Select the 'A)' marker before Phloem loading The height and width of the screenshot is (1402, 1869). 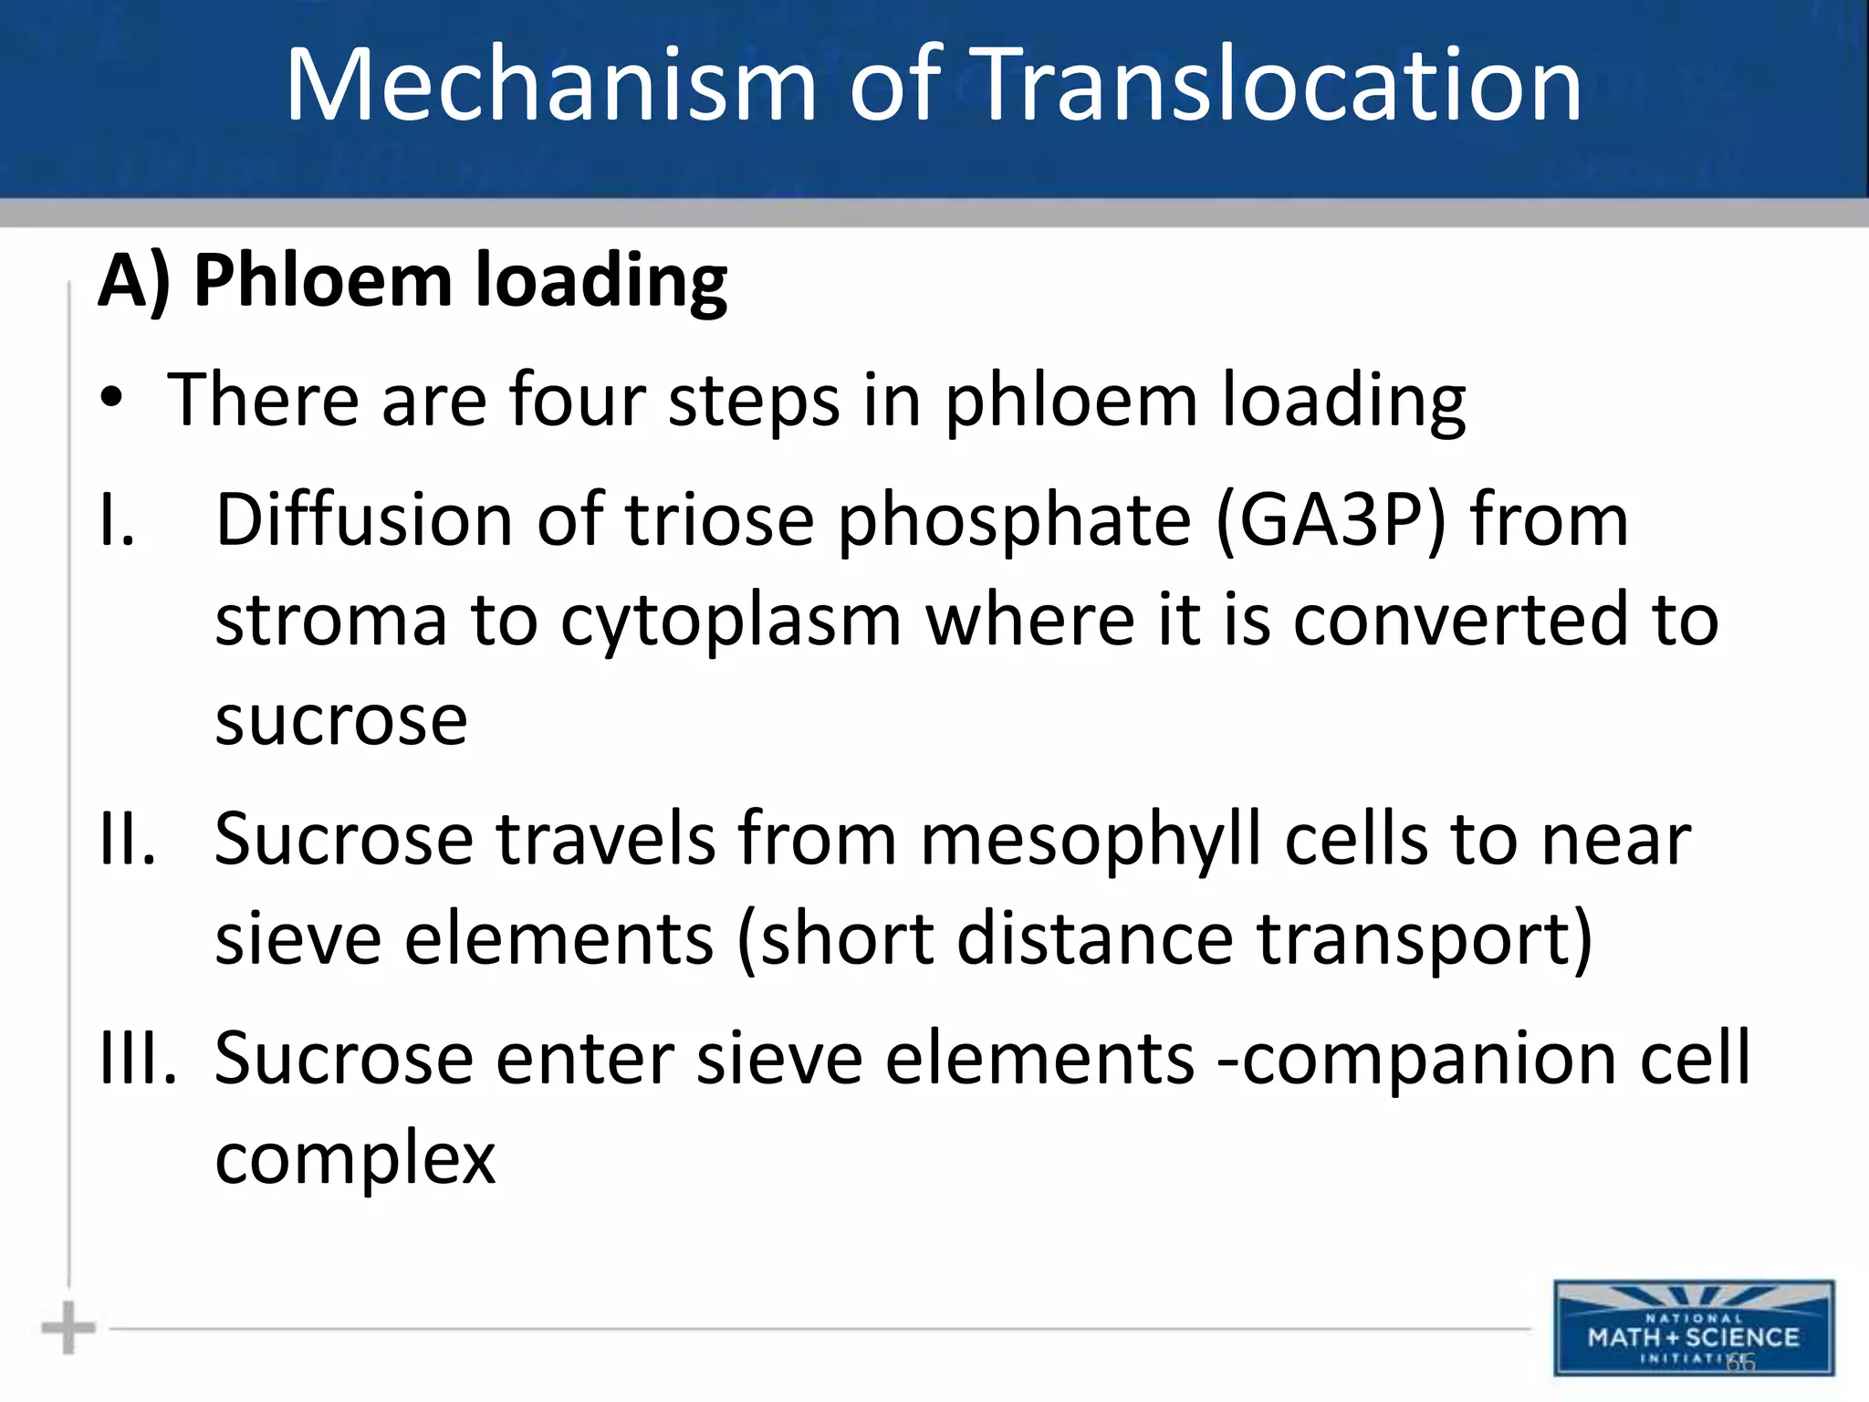coord(134,280)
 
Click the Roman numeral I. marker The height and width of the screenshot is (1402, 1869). coord(117,519)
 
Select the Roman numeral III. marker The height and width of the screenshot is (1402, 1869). coord(138,1058)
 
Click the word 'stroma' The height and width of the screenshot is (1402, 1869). coord(330,620)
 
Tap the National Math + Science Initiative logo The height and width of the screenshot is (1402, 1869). coord(1694,1328)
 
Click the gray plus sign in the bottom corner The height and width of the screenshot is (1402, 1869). coord(68,1328)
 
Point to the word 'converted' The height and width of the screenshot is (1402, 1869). coord(1460,620)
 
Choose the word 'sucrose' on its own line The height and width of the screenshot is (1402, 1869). coord(341,720)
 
